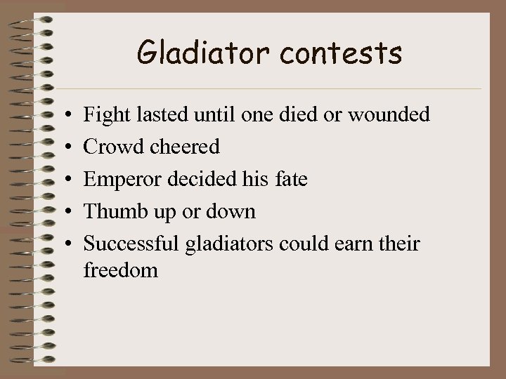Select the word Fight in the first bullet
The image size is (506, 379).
tap(104, 114)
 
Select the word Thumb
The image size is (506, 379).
tap(111, 212)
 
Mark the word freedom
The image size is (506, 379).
tap(120, 270)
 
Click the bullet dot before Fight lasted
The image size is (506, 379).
tap(64, 114)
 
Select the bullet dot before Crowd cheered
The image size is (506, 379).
tap(64, 147)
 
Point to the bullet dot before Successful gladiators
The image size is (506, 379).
tap(64, 245)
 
